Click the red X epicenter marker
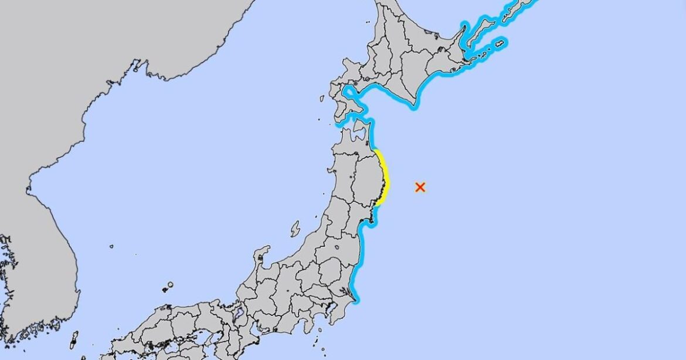pos(420,187)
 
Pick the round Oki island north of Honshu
pos(169,286)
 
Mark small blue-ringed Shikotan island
pos(500,43)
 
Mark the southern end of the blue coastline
pos(356,302)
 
